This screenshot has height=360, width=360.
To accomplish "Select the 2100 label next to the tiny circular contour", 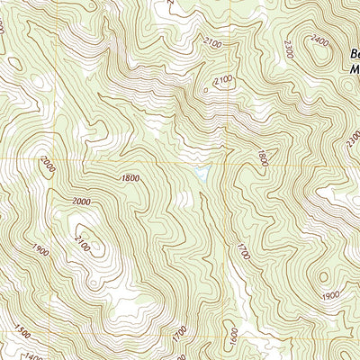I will (223, 80).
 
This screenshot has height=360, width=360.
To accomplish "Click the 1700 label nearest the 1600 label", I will (181, 332).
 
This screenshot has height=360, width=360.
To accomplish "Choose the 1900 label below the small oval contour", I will (330, 296).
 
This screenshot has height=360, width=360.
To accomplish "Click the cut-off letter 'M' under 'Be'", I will (354, 66).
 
